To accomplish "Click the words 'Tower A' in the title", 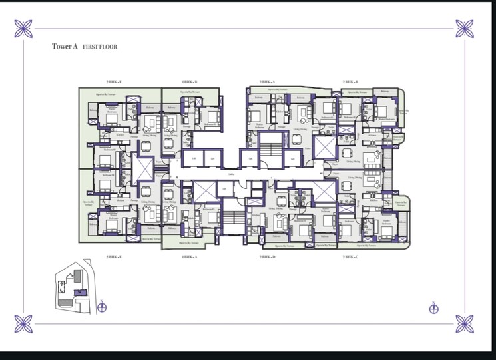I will (x=65, y=47).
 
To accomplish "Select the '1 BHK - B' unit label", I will (x=189, y=81).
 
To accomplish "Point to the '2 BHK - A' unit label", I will (x=268, y=81).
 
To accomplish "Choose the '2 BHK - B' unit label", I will (x=350, y=81).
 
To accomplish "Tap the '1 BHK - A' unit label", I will (x=189, y=256).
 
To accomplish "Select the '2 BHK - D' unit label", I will (x=268, y=256).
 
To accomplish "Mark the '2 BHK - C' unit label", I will (x=350, y=256).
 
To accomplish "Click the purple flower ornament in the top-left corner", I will (x=24, y=29).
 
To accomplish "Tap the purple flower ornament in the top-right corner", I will (x=464, y=29).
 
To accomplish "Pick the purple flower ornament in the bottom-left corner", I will (x=24, y=324).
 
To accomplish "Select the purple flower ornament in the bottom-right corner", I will (x=464, y=324).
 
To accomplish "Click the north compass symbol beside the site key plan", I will (x=102, y=307).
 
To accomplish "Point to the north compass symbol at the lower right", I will (x=433, y=307).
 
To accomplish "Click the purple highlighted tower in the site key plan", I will (x=80, y=291).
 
